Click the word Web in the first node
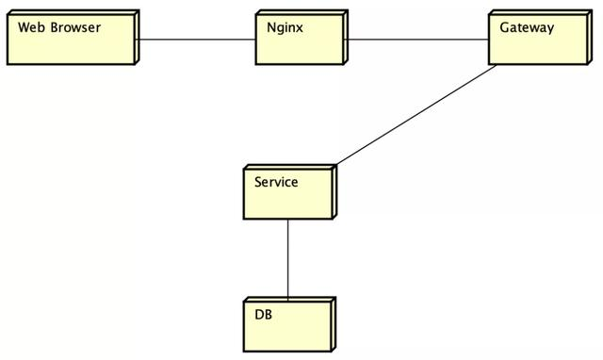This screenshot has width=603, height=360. [x=31, y=27]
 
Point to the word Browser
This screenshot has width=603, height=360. [x=75, y=27]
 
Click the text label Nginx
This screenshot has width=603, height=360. [x=285, y=27]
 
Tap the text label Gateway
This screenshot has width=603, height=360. [x=528, y=27]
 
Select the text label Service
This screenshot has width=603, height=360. [x=276, y=181]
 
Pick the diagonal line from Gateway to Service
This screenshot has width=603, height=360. [x=415, y=115]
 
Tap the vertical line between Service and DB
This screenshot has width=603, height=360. [x=288, y=259]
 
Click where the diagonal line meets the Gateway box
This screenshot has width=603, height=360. [x=496, y=65]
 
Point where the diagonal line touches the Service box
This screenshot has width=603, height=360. [x=333, y=166]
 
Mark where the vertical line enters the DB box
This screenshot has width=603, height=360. [x=288, y=298]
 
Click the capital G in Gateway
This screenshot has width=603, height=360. [x=505, y=27]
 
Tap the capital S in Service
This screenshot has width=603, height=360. [x=258, y=181]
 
